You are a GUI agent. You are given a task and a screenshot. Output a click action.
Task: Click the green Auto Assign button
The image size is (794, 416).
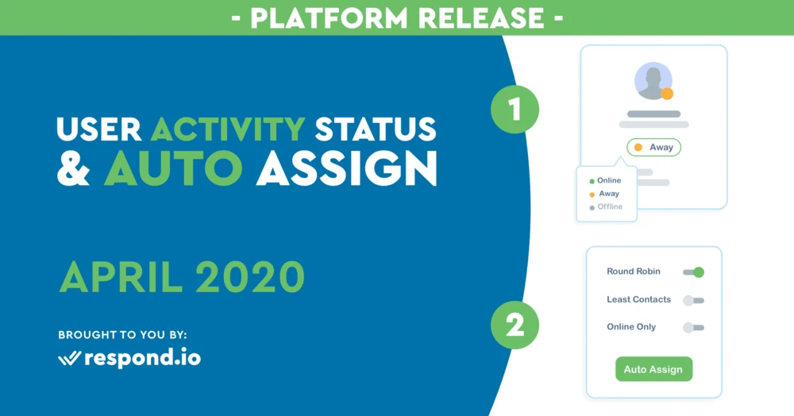tap(653, 369)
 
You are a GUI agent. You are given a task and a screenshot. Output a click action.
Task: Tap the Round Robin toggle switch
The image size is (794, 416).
tap(693, 272)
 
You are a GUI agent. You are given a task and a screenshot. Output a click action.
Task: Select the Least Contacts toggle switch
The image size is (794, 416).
tap(693, 301)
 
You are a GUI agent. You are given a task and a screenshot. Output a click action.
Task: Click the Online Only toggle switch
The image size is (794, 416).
tap(693, 328)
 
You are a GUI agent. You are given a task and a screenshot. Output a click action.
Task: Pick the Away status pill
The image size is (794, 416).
tap(653, 148)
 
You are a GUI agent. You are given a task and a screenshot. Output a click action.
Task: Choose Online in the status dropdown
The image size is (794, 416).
tap(605, 181)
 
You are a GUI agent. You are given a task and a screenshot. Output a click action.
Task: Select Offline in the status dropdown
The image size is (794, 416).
tap(606, 207)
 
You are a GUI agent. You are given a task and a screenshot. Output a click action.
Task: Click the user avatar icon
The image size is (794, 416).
tap(653, 81)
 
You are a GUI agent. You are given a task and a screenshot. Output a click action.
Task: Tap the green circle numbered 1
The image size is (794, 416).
tap(515, 110)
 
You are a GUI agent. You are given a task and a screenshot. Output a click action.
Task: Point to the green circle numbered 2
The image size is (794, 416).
tap(515, 325)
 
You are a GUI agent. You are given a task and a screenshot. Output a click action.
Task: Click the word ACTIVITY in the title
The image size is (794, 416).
tap(228, 129)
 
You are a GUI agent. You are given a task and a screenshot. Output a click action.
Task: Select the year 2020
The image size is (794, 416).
tap(249, 277)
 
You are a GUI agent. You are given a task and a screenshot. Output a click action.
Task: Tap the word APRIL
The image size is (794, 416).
tap(121, 277)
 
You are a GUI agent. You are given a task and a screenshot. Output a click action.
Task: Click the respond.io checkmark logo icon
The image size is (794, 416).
tap(69, 358)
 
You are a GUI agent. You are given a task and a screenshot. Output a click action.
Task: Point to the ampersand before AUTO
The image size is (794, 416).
tap(73, 168)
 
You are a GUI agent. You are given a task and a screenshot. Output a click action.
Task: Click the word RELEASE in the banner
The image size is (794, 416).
tap(480, 17)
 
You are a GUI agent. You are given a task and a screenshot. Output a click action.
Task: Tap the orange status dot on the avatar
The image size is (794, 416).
tap(667, 94)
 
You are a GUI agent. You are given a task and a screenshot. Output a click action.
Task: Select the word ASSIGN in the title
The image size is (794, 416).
tap(346, 168)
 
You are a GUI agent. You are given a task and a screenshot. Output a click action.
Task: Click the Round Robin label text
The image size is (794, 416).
tap(634, 272)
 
